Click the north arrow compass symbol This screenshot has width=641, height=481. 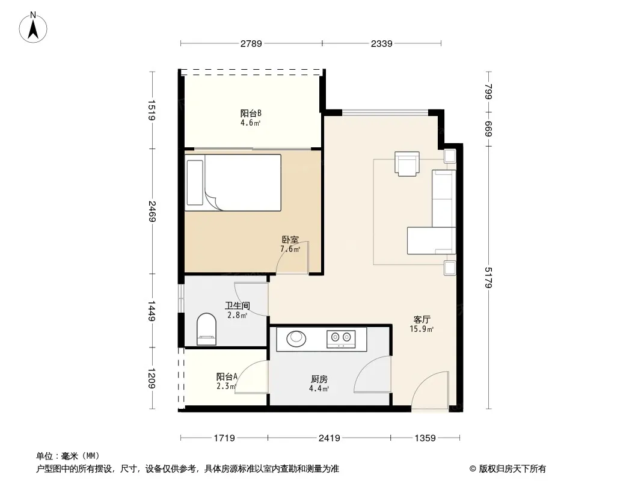tap(33, 28)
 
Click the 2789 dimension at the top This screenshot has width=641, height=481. tap(251, 44)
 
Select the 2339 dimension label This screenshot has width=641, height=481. tap(381, 44)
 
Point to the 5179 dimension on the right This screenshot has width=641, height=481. tap(488, 278)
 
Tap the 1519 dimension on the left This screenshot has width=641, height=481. tap(152, 111)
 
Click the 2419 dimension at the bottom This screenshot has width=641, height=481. tap(329, 438)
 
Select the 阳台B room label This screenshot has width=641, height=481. tap(251, 113)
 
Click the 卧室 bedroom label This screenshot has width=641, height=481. tap(290, 240)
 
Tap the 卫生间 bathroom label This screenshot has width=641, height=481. tap(237, 305)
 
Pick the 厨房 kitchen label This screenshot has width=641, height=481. tap(319, 379)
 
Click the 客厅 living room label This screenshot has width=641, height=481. tap(422, 320)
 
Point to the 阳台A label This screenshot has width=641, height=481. tap(227, 376)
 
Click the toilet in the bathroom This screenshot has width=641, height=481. tap(206, 329)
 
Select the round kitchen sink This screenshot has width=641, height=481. tap(296, 338)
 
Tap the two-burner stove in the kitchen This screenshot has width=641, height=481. tap(341, 339)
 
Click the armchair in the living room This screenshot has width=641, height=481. tap(407, 164)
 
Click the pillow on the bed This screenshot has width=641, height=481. tap(195, 183)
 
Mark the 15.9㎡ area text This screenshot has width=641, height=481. tap(422, 329)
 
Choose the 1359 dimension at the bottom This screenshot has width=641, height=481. tap(425, 438)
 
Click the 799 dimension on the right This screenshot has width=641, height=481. tap(488, 91)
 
